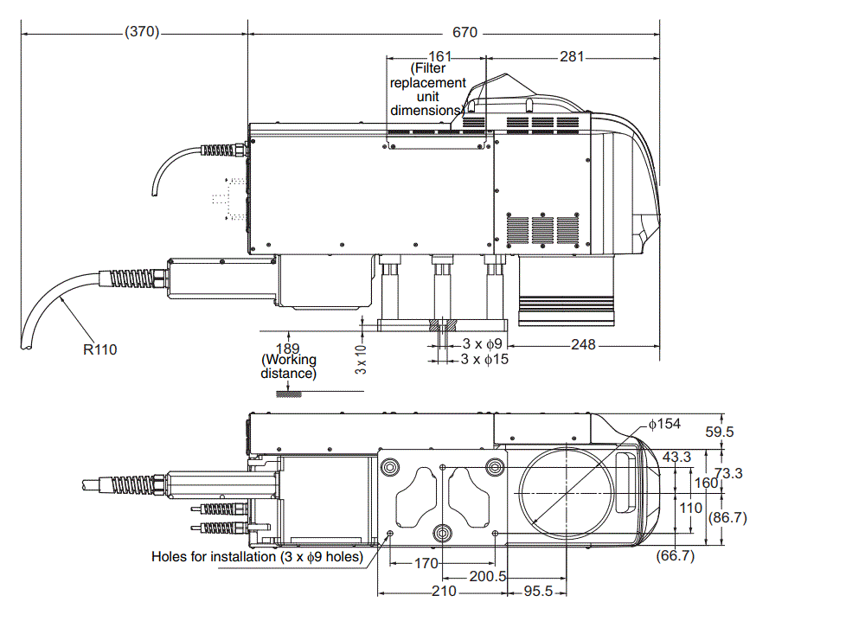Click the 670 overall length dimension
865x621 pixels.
[465, 33]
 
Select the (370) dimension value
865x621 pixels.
[142, 33]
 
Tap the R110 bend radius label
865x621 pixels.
[100, 350]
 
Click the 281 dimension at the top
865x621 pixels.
[571, 57]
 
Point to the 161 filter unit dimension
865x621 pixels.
[440, 57]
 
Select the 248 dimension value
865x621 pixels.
[583, 344]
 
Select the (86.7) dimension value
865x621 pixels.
[727, 518]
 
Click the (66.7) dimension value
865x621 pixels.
[675, 556]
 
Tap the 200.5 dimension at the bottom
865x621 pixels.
[489, 577]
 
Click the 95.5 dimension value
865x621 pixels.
[538, 592]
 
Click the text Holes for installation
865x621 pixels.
[215, 557]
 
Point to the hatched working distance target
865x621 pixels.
[288, 394]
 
